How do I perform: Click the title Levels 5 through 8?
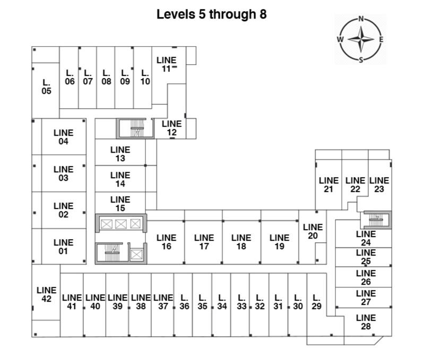(x=211, y=14)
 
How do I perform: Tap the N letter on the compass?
(x=361, y=19)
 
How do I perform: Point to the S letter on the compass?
(x=361, y=59)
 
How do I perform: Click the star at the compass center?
(x=361, y=39)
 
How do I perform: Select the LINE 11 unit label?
(x=166, y=64)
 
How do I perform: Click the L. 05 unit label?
(x=46, y=86)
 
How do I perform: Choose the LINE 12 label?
(x=171, y=128)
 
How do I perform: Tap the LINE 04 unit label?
(x=63, y=137)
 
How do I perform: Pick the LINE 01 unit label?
(x=63, y=247)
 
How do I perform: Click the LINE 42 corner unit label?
(x=46, y=294)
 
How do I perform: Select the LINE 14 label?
(x=120, y=179)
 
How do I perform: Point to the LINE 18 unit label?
(x=241, y=242)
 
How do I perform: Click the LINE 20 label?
(x=313, y=231)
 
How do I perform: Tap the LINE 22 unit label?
(x=355, y=185)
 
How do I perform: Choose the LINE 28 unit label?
(x=366, y=322)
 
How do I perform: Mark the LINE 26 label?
(x=366, y=277)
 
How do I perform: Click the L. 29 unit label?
(x=317, y=302)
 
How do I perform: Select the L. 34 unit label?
(x=222, y=302)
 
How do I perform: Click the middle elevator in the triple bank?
(x=120, y=224)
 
